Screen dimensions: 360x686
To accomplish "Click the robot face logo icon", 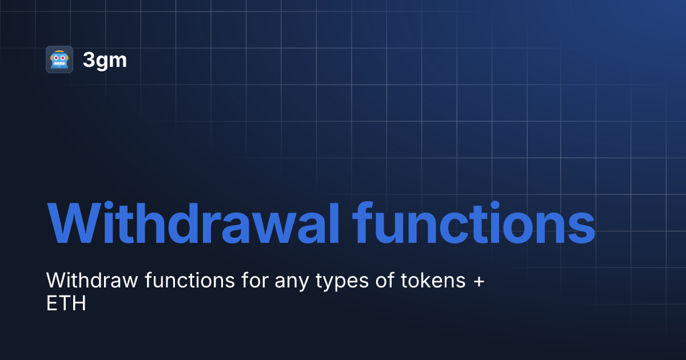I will coord(59,59).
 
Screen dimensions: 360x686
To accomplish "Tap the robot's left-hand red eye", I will coord(55,58).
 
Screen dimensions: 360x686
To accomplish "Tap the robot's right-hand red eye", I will coord(63,58).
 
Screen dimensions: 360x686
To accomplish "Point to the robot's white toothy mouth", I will coord(59,64).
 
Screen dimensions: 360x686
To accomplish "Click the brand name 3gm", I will coord(105,60).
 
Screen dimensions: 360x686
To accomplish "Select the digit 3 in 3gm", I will coord(89,60).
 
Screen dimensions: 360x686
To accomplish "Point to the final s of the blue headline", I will coord(580,226).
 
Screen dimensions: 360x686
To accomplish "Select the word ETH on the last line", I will coord(66,303).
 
